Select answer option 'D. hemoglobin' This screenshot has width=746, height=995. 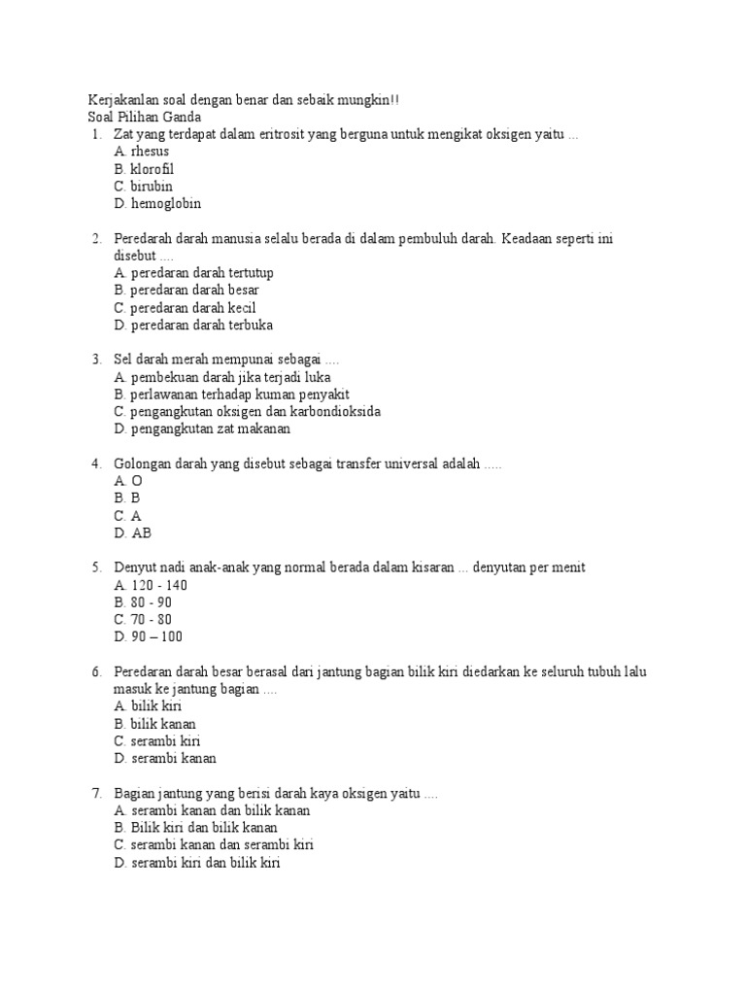[157, 204]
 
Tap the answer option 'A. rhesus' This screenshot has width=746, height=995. [142, 152]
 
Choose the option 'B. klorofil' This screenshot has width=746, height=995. [144, 169]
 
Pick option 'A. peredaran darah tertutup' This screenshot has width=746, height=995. [193, 273]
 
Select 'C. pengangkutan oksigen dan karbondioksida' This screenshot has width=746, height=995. [247, 411]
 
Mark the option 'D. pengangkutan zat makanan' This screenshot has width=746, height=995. [202, 429]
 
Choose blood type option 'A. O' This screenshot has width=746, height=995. [128, 481]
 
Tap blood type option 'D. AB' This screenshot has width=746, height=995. [133, 533]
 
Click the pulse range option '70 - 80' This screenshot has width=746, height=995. [151, 619]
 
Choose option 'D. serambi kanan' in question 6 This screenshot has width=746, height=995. [165, 758]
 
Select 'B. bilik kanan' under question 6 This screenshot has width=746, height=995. [155, 724]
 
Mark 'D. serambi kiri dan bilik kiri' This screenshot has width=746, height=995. [197, 863]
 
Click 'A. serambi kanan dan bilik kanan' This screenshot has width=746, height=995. [212, 810]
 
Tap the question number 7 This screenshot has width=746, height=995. [96, 794]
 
